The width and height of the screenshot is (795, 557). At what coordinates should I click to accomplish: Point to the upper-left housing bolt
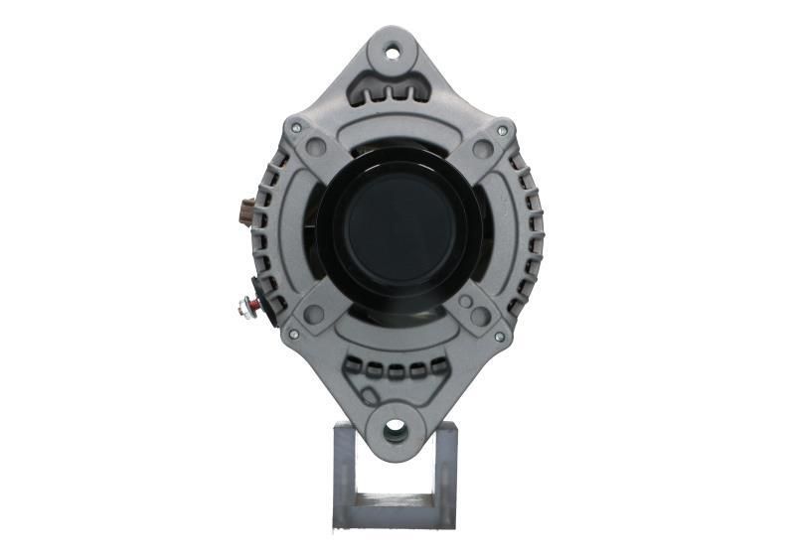(293, 128)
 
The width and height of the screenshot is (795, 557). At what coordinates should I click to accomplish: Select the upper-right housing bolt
(502, 130)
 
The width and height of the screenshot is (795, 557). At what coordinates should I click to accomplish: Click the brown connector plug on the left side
(246, 211)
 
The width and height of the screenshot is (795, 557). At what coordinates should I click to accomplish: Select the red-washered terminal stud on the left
(244, 306)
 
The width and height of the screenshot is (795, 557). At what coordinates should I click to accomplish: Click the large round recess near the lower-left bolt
(314, 315)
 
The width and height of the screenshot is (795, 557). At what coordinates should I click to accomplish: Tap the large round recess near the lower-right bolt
(480, 316)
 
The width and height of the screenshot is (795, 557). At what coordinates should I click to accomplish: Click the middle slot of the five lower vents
(397, 372)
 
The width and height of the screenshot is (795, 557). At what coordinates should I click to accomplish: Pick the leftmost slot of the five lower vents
(355, 369)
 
